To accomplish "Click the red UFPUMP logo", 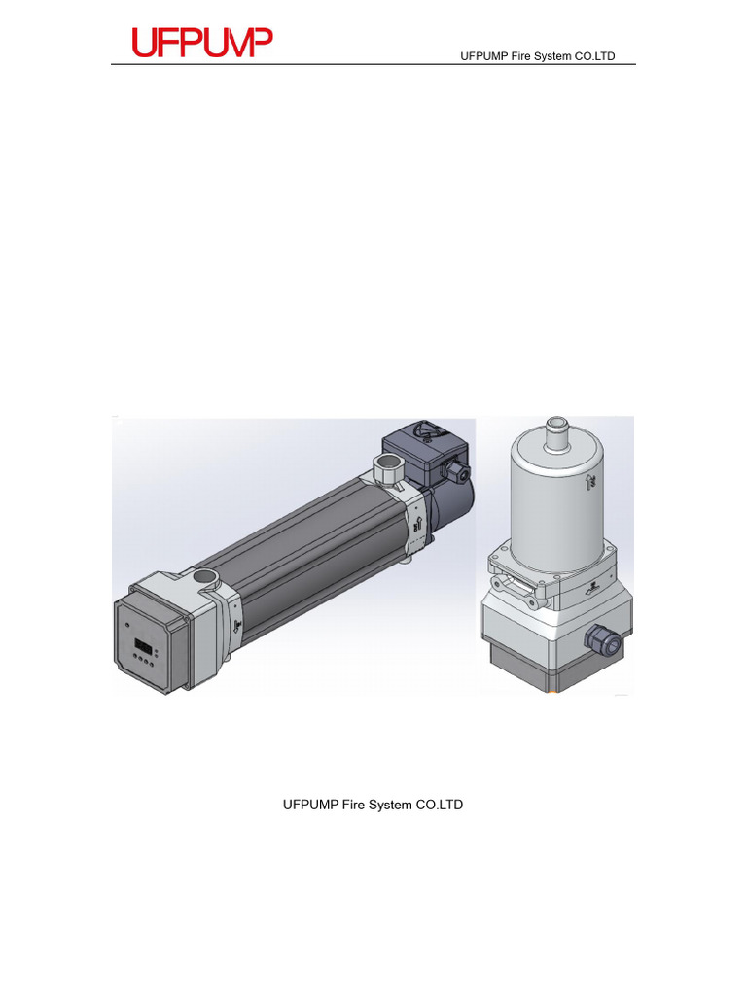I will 202,42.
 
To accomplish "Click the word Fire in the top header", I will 524,56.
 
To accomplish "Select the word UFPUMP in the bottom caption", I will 310,805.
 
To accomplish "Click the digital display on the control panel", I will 143,646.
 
